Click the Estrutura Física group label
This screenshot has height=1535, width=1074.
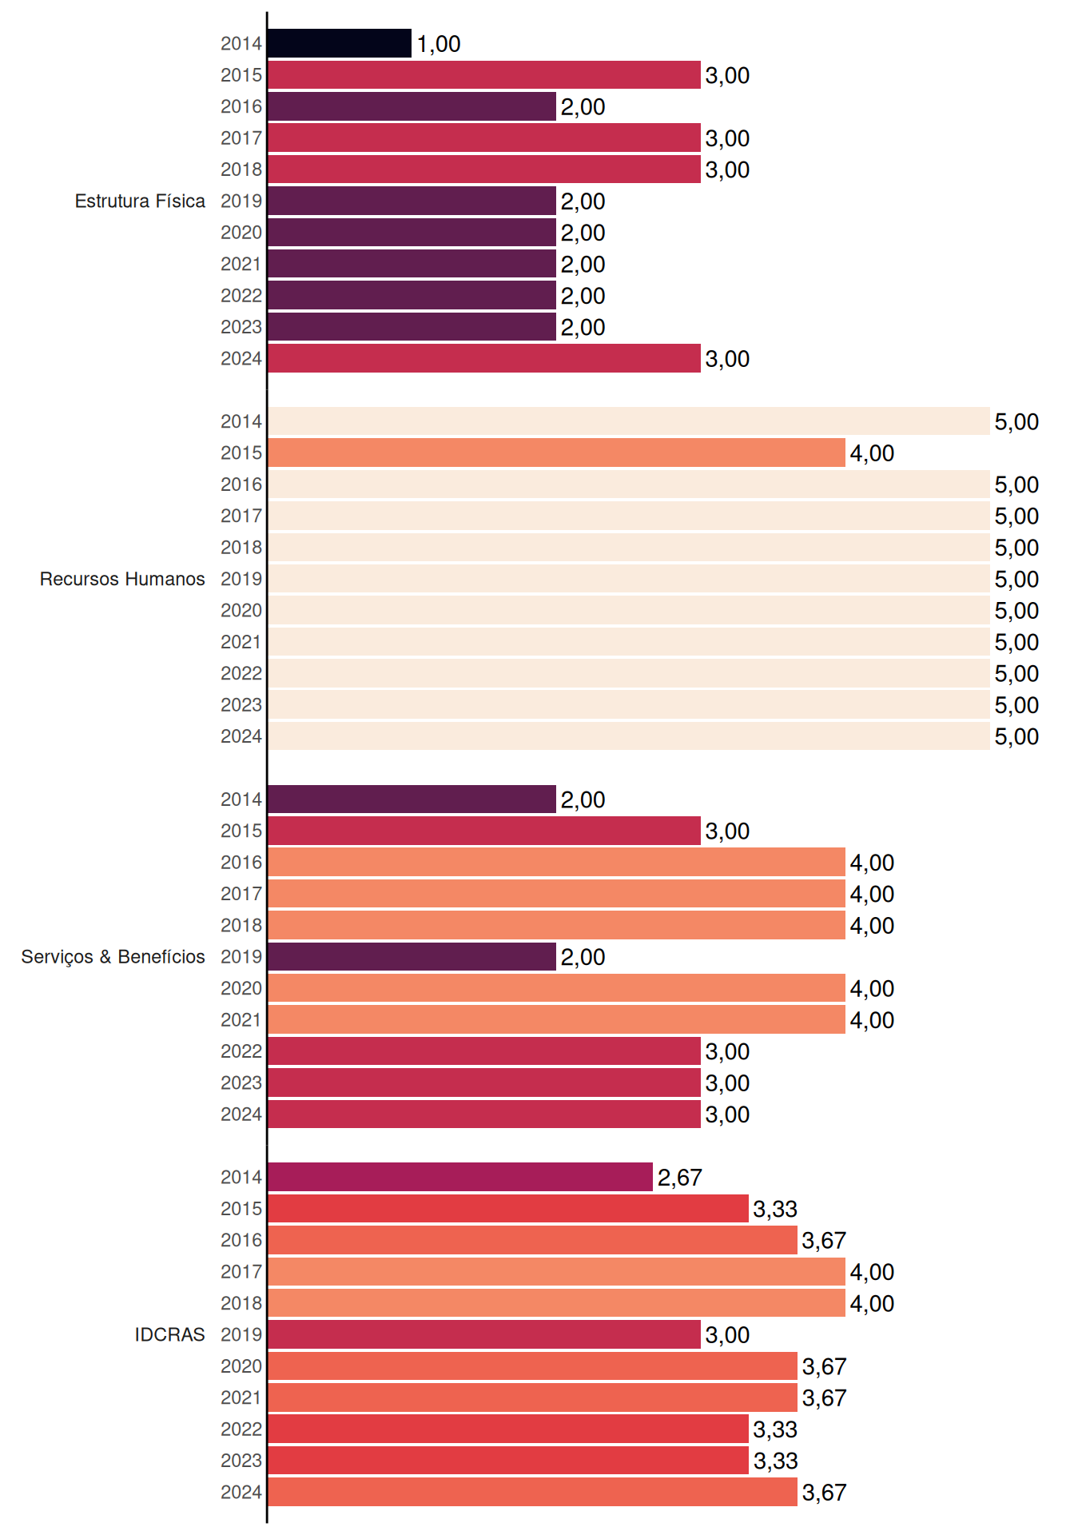[x=140, y=201]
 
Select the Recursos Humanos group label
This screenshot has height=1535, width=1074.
[x=122, y=579]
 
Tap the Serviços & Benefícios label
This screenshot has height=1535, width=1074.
[x=113, y=957]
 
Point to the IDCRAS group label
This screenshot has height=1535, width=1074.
[x=169, y=1334]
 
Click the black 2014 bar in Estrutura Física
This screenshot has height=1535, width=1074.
[x=340, y=43]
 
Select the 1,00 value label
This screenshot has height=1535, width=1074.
[x=439, y=44]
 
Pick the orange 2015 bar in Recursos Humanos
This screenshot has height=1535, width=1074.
[x=556, y=453]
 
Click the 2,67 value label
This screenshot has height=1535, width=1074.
[x=680, y=1178]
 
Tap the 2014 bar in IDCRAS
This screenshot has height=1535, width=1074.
[x=460, y=1177]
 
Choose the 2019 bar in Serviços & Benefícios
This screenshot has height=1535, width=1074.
[x=412, y=956]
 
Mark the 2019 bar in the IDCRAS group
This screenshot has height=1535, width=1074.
[x=484, y=1334]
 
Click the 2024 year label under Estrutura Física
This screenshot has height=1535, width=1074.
[x=241, y=358]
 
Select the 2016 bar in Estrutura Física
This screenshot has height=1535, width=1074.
[x=412, y=106]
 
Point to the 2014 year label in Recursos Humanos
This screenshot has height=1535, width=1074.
[x=241, y=421]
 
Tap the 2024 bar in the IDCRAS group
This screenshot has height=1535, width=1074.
[x=532, y=1492]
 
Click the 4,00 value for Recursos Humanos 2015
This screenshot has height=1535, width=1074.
[x=872, y=453]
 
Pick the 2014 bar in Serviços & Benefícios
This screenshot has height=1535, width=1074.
[x=412, y=799]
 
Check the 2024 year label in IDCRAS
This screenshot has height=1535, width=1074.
[x=241, y=1492]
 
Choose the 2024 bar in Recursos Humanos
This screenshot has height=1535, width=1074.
[x=629, y=736]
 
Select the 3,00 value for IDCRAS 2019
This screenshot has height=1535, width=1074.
[x=728, y=1335]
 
